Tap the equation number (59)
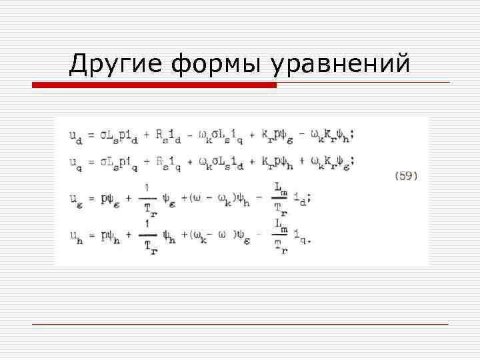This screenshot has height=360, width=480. pos(406,176)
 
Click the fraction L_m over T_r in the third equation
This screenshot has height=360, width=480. pos(281,197)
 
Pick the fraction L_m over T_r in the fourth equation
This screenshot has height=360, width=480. pos(281,235)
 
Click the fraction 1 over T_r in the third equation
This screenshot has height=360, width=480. pos(149,197)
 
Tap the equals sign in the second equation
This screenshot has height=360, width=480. pos(91,161)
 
